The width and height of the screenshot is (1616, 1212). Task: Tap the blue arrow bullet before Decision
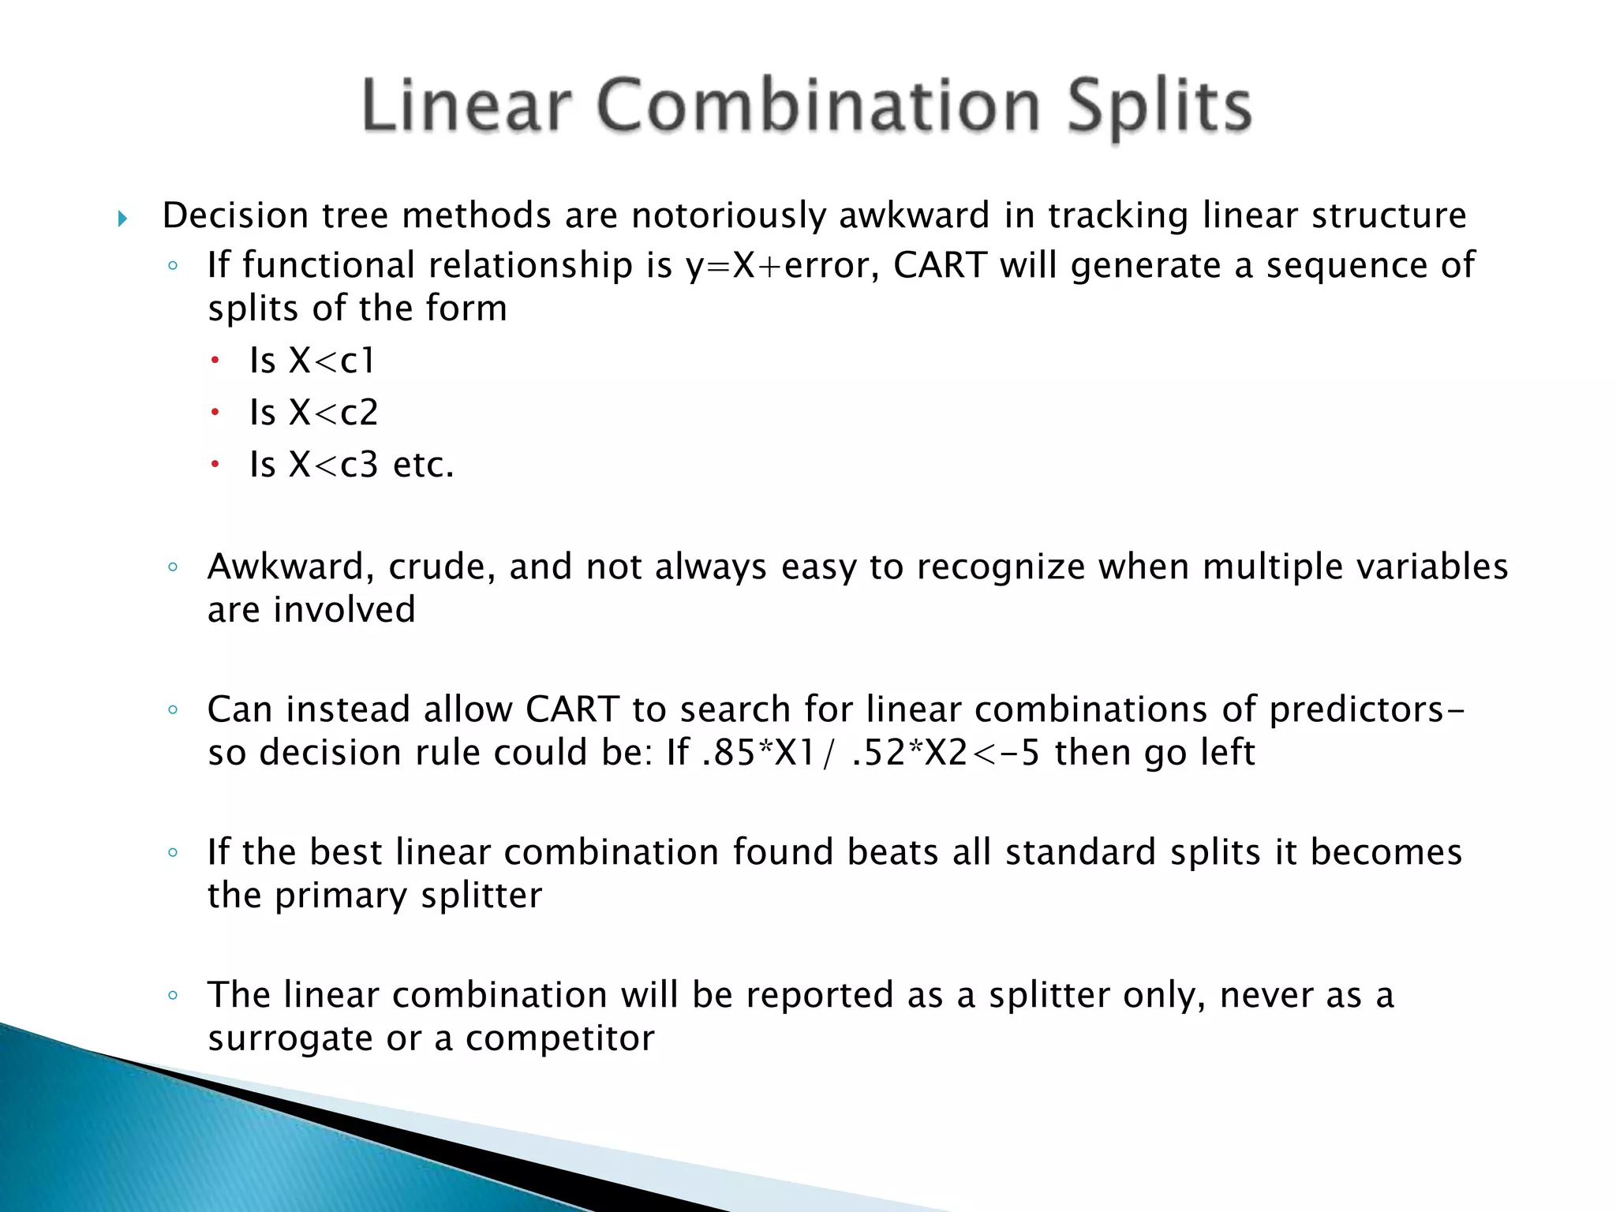122,219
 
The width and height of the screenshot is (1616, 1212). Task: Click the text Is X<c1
312,361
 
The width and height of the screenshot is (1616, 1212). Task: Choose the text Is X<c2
313,413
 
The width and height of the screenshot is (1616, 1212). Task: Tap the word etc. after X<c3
424,465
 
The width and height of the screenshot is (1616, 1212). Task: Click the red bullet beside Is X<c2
214,412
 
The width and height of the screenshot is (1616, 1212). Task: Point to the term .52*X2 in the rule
910,753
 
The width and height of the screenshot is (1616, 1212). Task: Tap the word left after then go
1226,753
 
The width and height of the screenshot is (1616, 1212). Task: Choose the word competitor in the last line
559,1038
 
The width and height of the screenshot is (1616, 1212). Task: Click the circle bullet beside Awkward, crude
173,567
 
